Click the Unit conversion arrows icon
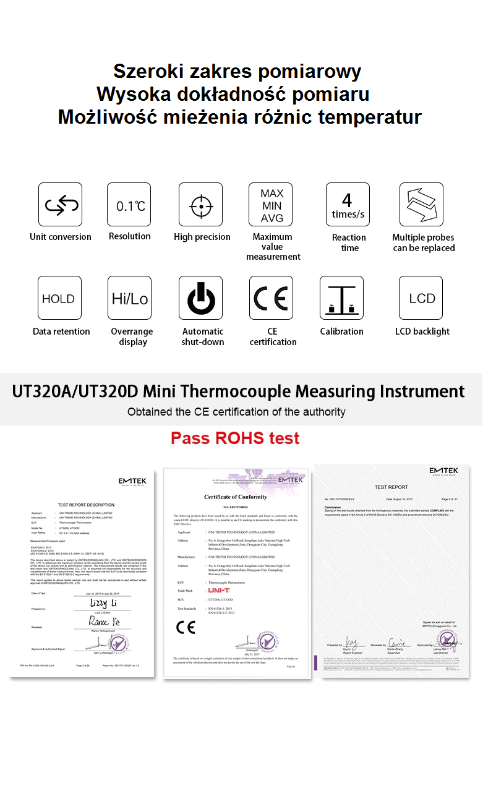tap(60, 205)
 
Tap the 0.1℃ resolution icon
tap(129, 205)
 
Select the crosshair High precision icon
tap(200, 205)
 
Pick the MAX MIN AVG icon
tap(271, 205)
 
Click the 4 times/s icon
tap(348, 205)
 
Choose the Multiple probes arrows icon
tap(421, 205)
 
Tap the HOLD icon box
tap(59, 298)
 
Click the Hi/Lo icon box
tap(129, 298)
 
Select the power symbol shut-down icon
tap(200, 298)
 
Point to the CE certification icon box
tap(271, 298)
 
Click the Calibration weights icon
tap(341, 298)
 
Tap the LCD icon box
tap(421, 298)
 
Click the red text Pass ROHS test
tap(235, 438)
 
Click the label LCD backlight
tap(422, 331)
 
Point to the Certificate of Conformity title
tap(236, 497)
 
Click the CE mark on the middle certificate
tap(186, 628)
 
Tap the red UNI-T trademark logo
tap(219, 591)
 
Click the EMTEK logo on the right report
tap(444, 471)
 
